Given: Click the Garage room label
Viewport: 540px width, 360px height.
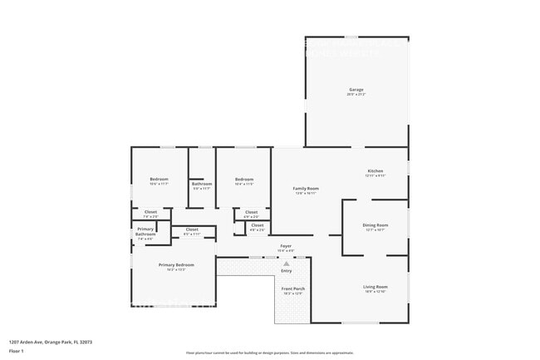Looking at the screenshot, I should (x=356, y=90).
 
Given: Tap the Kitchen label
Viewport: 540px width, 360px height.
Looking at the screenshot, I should (x=376, y=170).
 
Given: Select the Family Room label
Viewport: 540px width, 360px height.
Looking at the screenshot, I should (x=306, y=189).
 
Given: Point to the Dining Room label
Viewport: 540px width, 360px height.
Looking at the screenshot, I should (x=376, y=225).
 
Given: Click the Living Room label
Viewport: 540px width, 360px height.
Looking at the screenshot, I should (x=376, y=287).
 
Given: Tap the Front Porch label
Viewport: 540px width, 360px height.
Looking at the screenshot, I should (x=293, y=288).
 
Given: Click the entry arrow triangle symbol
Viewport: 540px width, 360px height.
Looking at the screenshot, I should (x=287, y=264).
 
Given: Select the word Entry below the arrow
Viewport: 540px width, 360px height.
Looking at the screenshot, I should (x=287, y=270).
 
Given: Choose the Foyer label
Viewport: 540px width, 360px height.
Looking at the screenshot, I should (x=286, y=246).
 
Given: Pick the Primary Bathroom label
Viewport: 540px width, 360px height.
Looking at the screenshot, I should (x=145, y=231).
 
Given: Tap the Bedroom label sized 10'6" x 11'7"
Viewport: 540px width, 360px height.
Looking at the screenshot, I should (x=159, y=180).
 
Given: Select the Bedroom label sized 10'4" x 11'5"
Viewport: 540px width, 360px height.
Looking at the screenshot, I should (x=243, y=180).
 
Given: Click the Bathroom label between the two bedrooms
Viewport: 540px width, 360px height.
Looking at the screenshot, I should (x=202, y=184).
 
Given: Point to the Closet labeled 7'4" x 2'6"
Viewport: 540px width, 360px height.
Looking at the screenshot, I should (x=150, y=212).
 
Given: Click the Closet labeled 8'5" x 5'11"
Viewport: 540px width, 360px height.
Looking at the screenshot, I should (x=191, y=229).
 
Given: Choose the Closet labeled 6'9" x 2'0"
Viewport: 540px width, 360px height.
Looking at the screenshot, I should (x=251, y=212).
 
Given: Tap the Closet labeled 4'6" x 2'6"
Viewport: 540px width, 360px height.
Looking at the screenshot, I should (x=257, y=224).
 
